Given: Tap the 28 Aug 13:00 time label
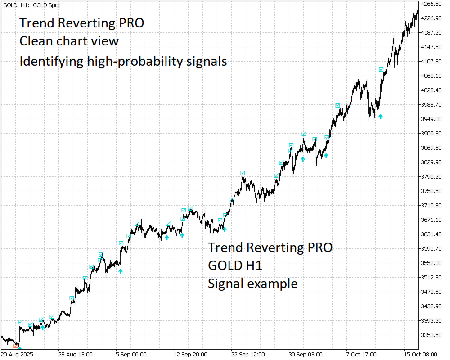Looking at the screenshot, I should point(76,354).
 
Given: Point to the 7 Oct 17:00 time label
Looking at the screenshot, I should point(361,354).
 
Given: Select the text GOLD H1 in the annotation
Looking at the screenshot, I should point(235,265).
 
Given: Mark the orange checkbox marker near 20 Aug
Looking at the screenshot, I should point(16,346).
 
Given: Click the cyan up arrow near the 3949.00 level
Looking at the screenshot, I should point(381,117).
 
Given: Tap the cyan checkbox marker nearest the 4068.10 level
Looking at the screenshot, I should point(381,70).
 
